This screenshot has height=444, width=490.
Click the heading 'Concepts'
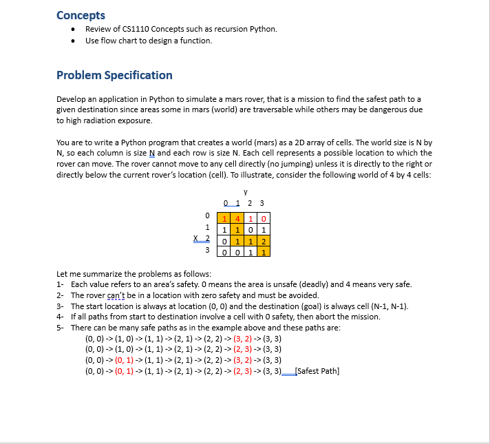[81, 15]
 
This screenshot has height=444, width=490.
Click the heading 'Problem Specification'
[114, 75]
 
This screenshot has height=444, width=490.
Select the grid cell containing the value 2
[265, 241]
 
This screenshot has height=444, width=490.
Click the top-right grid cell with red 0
[265, 219]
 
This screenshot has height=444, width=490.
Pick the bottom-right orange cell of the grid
[265, 252]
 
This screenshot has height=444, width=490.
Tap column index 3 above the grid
[262, 203]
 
